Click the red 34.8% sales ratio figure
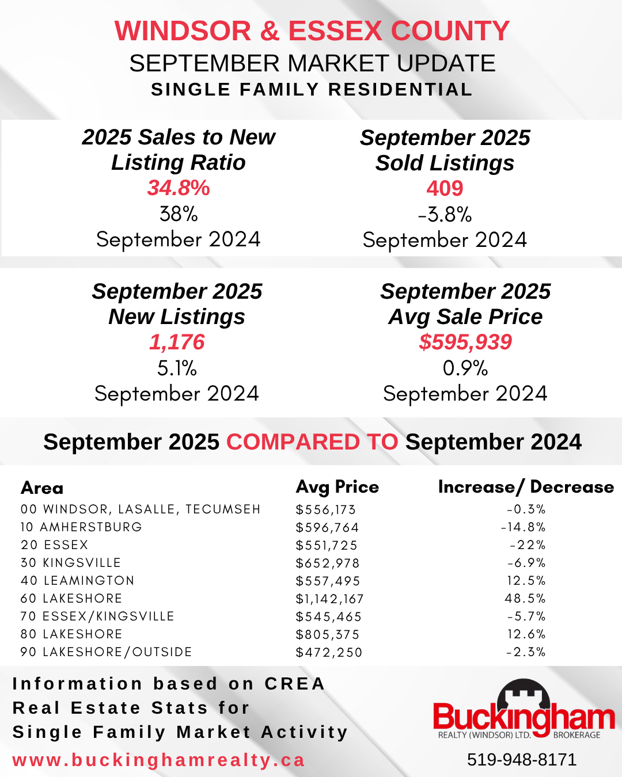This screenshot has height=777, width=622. coord(179,188)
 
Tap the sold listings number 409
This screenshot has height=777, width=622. coord(445,188)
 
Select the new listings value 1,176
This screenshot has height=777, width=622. coord(177,342)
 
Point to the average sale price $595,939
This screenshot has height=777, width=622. coord(465,342)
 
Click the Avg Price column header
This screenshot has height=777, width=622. coord(337,487)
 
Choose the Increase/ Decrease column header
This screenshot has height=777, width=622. coord(526,487)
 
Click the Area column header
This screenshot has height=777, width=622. coord(42,488)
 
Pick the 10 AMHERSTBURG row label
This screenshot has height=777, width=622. coord(81,527)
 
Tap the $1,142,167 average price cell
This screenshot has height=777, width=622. coord(329,599)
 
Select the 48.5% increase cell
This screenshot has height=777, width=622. coord(525,599)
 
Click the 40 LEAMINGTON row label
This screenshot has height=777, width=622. coord(77,581)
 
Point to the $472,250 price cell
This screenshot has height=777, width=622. coord(329,653)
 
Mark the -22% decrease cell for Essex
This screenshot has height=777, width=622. coord(528,545)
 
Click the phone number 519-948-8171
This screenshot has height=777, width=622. coord(522,760)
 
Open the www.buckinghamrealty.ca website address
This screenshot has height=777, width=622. coord(158,760)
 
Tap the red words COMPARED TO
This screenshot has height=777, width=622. coord(312,442)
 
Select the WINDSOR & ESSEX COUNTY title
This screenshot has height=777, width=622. coord(312,31)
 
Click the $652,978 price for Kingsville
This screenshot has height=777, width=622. coord(328,563)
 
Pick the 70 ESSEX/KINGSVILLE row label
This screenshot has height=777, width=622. coord(97,616)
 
